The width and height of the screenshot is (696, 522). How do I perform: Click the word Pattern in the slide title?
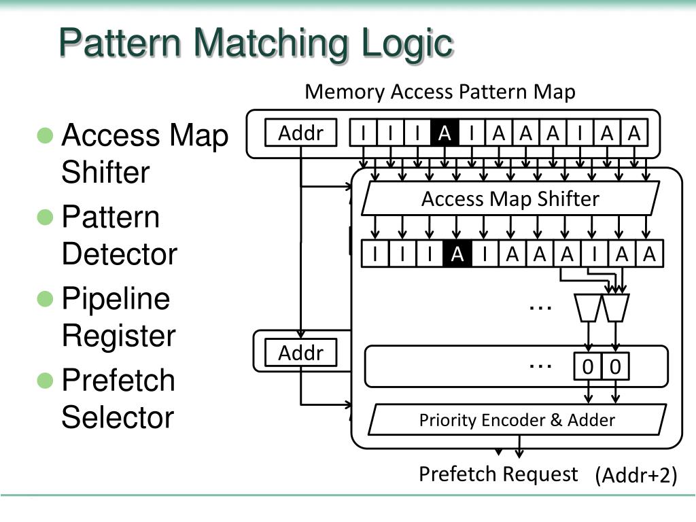120,42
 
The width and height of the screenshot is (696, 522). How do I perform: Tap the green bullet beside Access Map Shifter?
45,135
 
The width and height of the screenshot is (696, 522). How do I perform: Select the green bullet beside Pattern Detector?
45,217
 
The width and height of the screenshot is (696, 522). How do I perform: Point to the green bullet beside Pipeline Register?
45,299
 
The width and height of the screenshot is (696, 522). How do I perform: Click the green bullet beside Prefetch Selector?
45,381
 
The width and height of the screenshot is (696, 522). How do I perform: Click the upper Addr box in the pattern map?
300,133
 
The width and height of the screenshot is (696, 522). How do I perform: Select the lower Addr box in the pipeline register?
300,353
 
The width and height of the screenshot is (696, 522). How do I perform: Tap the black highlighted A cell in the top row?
445,133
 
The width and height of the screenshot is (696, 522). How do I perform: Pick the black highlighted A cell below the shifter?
457,254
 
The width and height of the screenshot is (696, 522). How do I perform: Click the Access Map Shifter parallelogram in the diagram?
510,198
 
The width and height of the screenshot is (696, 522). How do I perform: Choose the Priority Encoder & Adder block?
517,419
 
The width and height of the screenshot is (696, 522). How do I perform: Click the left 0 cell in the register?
588,366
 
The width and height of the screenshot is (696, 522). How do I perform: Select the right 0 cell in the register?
615,366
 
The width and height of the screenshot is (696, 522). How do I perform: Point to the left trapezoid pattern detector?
588,308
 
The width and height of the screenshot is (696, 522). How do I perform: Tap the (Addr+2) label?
636,475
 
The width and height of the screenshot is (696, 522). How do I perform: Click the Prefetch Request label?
498,474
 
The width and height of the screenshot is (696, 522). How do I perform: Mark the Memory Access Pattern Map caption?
440,92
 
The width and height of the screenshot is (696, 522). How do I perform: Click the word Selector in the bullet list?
118,417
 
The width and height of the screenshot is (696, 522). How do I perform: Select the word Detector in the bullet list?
120,254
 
